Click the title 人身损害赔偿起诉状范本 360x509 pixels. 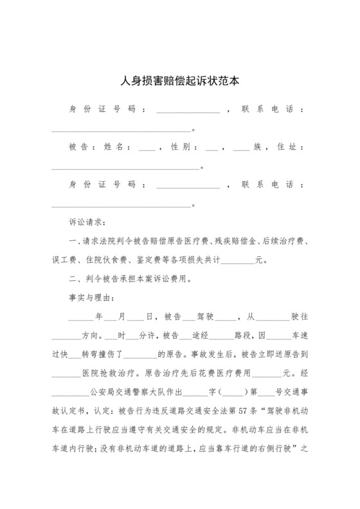[x=180, y=82]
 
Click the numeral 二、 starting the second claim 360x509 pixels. [x=75, y=280]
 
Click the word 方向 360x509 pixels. [x=90, y=335]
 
